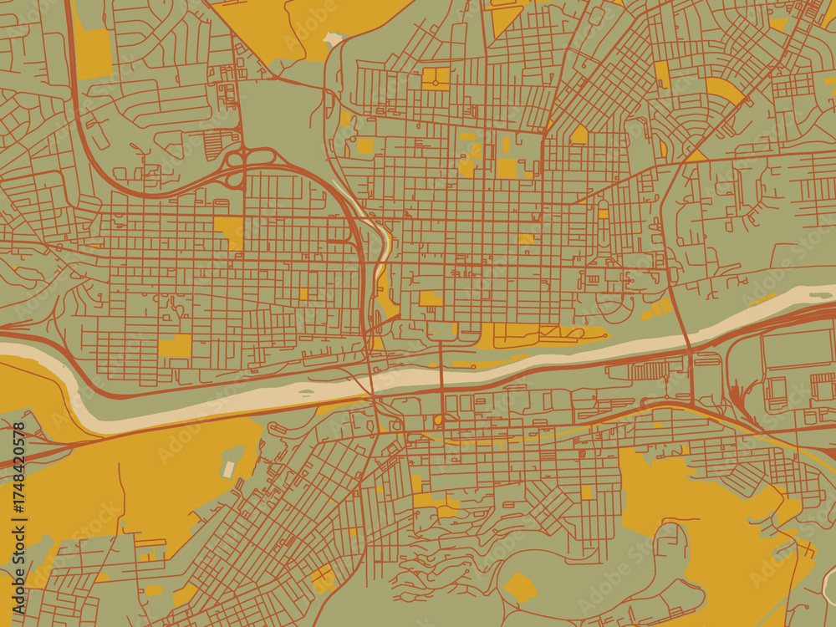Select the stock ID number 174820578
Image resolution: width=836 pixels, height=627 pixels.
point(19,481)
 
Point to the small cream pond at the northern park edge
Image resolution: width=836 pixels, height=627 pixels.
point(333,38)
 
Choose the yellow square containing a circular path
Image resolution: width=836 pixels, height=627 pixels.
point(436,78)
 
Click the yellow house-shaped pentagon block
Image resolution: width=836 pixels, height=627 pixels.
point(579,135)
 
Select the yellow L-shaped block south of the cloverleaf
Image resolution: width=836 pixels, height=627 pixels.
point(229,230)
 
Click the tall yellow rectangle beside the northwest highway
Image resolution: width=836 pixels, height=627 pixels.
point(94,54)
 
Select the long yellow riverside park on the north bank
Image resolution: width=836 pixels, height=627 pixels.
point(535,335)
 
